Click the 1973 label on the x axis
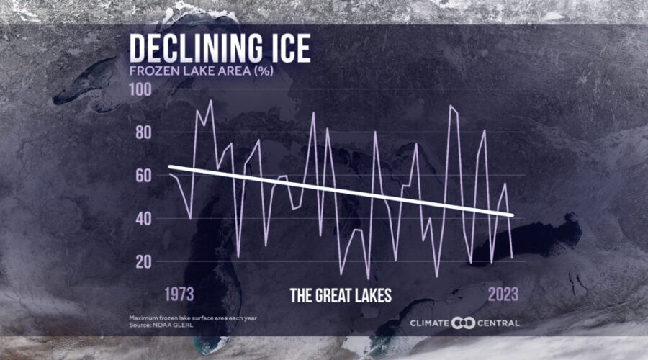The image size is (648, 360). [181, 294]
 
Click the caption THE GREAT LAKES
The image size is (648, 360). [341, 295]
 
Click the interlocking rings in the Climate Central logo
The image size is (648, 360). [464, 323]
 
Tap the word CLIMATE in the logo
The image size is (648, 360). [430, 323]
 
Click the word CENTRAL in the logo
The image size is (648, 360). [498, 323]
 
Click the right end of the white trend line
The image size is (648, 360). [512, 215]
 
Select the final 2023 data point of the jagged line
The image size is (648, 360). [512, 257]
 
